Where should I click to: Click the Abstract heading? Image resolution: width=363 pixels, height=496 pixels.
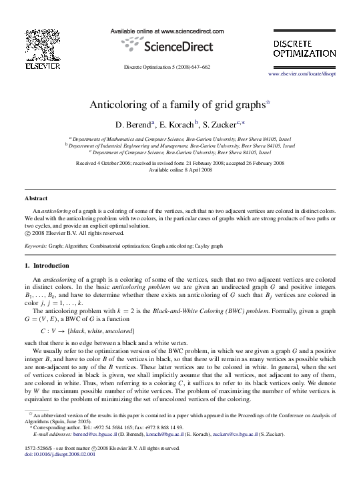(x=35, y=199)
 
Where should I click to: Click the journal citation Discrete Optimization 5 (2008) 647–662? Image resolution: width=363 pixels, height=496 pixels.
(x=167, y=67)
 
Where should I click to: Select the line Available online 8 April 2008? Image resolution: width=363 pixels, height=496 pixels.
(x=180, y=169)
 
